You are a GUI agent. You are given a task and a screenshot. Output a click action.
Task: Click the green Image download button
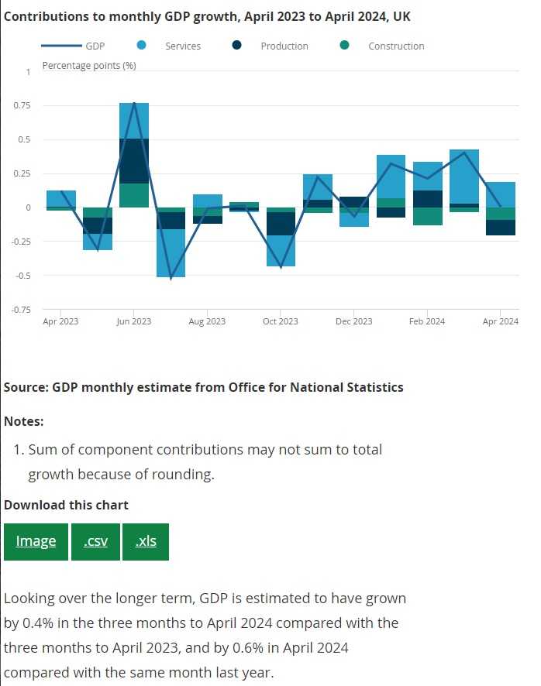coord(36,541)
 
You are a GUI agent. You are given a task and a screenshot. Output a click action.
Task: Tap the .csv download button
coord(95,541)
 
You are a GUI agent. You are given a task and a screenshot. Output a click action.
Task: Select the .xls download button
coord(146,541)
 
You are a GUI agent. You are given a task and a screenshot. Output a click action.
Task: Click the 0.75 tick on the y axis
coord(21,106)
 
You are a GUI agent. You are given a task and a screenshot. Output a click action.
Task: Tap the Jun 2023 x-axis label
coord(134,321)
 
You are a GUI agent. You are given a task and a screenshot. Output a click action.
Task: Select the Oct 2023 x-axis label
coord(280,321)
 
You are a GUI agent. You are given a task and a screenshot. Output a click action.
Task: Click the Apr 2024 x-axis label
coord(501,321)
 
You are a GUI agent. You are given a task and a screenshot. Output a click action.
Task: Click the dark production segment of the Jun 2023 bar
coord(134,161)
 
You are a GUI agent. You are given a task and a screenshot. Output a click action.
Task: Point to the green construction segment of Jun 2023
coord(134,195)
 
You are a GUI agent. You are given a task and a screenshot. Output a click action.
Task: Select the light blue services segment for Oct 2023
coord(280,251)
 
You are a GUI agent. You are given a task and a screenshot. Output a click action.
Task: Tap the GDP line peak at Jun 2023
coord(134,104)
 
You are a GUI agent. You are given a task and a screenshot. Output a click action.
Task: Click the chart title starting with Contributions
coord(207,16)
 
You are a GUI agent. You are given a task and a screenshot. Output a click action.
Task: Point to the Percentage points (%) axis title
coord(89,66)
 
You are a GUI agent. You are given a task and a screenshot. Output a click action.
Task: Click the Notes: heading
coord(24,421)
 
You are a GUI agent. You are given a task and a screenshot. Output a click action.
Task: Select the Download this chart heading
coord(67,505)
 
